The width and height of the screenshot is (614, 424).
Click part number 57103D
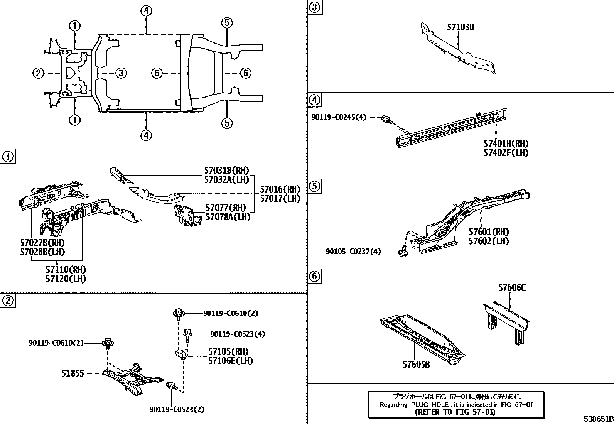tap(460, 27)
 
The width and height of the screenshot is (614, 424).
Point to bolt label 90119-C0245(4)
tap(339, 117)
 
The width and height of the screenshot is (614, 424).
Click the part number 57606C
tap(512, 287)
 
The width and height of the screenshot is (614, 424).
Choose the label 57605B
tap(416, 364)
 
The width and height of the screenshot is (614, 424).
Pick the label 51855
tap(73, 373)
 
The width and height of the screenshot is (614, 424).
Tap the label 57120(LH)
tap(66, 279)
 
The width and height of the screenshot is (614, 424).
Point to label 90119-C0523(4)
tap(238, 334)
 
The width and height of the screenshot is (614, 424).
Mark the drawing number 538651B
tap(598, 419)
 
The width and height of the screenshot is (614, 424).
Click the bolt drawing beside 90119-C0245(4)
tap(386, 119)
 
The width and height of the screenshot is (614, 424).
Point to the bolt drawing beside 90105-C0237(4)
tap(403, 252)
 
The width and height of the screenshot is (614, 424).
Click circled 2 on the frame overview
tap(38, 73)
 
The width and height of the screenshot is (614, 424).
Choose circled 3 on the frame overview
tap(121, 73)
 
